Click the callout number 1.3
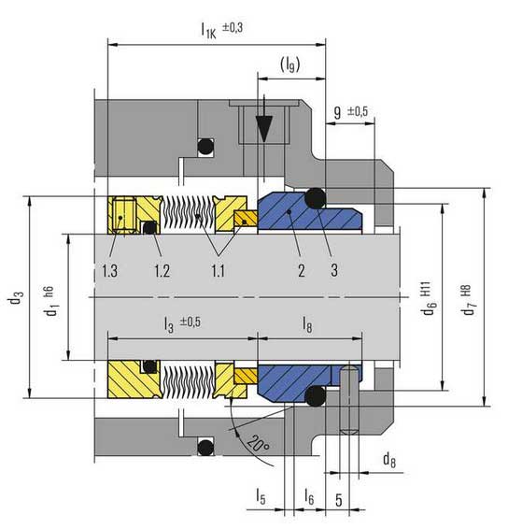click(110, 270)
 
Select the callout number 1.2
click(162, 270)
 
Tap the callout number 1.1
click(219, 270)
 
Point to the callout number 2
click(302, 270)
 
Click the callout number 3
click(334, 270)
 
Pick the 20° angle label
click(259, 443)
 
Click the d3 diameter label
click(17, 297)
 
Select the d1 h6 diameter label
click(51, 301)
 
